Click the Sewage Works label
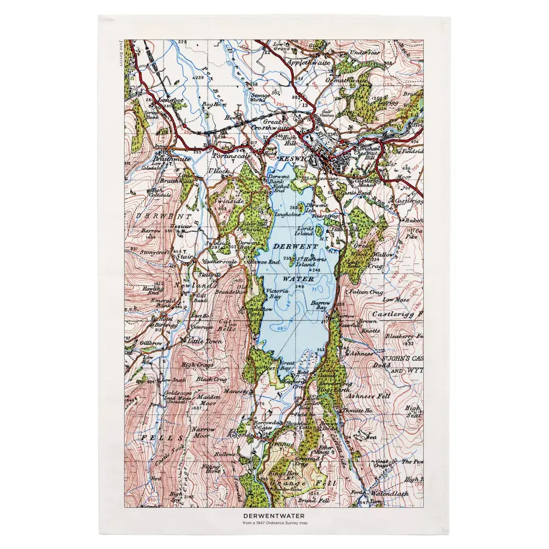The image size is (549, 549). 260,97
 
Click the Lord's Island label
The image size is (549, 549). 305,231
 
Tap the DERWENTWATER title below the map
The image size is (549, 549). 274,516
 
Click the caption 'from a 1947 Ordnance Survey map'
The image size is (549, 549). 274,523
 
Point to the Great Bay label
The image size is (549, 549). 287,366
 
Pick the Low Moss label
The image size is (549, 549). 396,299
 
